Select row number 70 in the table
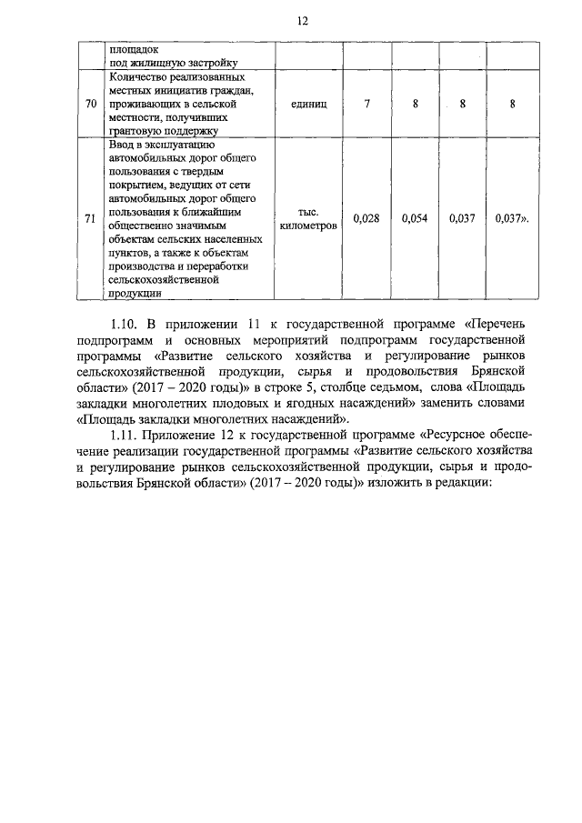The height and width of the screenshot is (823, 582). [90, 105]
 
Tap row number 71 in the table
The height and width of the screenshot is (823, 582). [90, 218]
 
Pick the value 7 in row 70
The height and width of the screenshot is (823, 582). [366, 105]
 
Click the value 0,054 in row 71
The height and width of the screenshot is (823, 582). [415, 218]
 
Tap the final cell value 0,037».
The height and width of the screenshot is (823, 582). [513, 218]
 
